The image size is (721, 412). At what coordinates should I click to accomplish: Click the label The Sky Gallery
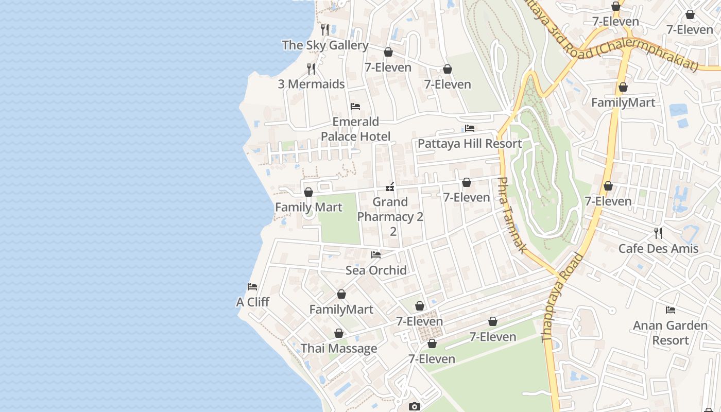click(325, 45)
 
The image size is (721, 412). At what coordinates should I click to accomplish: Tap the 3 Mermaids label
click(311, 84)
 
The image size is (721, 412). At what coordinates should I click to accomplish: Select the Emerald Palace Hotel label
click(355, 129)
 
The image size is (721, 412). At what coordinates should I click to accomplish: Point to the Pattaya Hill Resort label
click(470, 144)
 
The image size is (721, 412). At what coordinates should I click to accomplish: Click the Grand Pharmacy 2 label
click(390, 210)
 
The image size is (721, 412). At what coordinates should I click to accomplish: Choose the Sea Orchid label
click(376, 270)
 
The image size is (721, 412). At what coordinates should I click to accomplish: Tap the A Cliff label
click(252, 302)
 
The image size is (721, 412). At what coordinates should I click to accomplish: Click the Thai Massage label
click(339, 349)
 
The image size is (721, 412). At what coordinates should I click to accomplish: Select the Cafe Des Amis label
click(658, 249)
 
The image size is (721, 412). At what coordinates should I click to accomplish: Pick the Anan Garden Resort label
click(670, 333)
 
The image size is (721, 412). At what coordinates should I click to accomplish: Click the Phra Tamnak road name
click(511, 215)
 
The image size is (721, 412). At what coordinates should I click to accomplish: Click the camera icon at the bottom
click(414, 407)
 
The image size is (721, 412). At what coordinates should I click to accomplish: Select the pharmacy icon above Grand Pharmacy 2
click(390, 187)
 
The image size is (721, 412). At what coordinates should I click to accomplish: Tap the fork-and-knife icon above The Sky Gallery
click(325, 29)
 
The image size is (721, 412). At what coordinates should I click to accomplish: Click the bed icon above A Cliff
click(252, 287)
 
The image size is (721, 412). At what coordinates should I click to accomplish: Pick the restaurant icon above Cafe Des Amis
click(658, 233)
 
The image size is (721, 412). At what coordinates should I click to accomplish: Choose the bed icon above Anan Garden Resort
click(670, 310)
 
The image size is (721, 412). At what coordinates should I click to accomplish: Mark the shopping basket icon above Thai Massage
click(339, 333)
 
